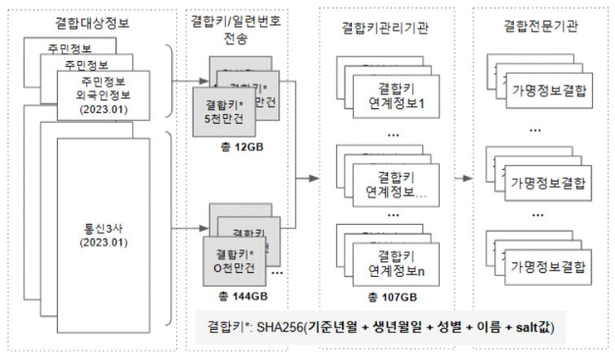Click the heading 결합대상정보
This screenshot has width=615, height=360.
tap(95, 24)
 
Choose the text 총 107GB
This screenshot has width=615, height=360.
tap(386, 296)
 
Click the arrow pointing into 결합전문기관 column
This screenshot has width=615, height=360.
tap(463, 177)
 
